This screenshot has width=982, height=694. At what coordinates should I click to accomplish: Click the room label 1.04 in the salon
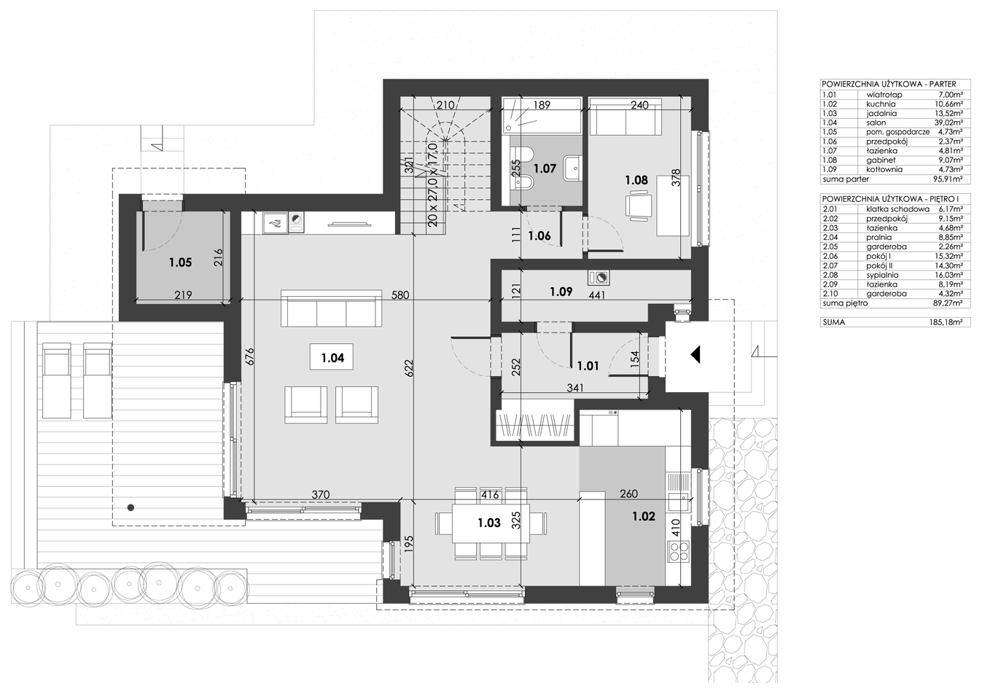point(332,358)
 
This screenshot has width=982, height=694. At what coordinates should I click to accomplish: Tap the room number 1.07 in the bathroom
point(545,168)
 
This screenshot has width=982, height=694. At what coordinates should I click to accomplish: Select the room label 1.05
point(180,262)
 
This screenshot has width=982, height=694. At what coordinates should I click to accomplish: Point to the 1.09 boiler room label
point(561,292)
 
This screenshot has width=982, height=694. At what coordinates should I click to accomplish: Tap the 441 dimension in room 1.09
point(596,295)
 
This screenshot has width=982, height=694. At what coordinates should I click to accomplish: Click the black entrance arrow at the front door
point(695,354)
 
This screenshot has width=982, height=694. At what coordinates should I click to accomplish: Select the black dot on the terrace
point(130,507)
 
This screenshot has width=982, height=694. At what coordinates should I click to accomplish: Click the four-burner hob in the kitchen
point(678,551)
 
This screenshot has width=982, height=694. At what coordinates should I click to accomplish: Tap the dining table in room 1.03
point(491,523)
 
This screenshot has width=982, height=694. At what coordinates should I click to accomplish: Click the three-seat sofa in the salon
point(331,308)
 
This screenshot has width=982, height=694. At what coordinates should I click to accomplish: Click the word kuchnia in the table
point(881,104)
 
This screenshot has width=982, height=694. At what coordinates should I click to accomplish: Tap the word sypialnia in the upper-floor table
point(882,276)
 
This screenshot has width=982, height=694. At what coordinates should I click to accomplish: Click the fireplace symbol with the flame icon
point(275,223)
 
